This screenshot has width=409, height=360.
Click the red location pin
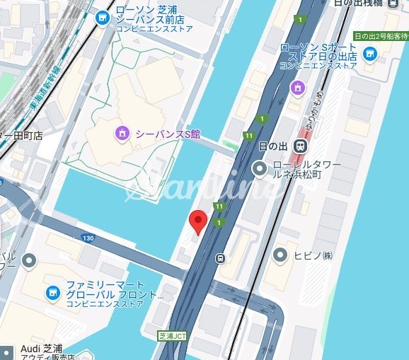[199, 221]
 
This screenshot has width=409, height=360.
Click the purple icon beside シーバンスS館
[122, 132]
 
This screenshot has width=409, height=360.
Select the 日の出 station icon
[301, 146]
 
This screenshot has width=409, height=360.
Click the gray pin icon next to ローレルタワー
[260, 167]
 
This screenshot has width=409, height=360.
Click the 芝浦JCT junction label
[172, 335]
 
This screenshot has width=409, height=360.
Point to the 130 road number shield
[88, 238]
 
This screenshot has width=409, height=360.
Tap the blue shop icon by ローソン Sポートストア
[369, 54]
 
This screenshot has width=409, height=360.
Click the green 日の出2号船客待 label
[380, 35]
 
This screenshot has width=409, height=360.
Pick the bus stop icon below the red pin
[221, 257]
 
